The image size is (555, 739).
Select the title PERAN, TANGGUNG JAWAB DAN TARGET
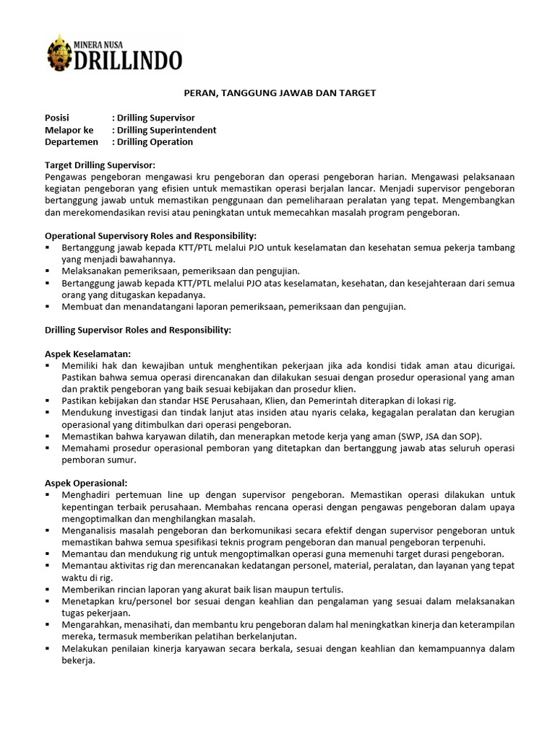277,93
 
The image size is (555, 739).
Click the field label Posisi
59,118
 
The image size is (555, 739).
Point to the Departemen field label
72,142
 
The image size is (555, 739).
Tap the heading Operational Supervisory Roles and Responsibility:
151,236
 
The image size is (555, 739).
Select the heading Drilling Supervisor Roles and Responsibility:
138,330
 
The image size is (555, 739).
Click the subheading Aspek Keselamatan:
88,354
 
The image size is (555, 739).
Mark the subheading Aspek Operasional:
86,483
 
